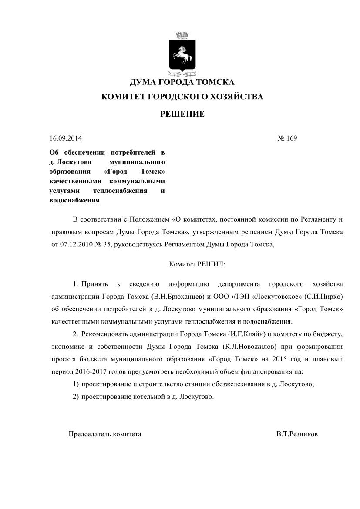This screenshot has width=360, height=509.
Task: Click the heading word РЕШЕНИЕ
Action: (182, 115)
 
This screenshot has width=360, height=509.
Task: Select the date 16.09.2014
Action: (66, 138)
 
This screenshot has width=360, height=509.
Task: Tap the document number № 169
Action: (287, 138)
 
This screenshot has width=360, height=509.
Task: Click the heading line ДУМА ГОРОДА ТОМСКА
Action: (182, 82)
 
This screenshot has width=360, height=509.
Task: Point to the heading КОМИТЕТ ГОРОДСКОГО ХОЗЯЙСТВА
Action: (182, 97)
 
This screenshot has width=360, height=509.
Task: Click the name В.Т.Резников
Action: (297, 434)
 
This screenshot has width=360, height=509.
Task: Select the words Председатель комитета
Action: (105, 434)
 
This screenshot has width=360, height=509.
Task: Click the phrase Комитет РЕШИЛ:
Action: (197, 264)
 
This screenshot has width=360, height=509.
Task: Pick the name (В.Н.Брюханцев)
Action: (177, 297)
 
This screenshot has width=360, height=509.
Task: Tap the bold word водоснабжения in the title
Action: (74, 201)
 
